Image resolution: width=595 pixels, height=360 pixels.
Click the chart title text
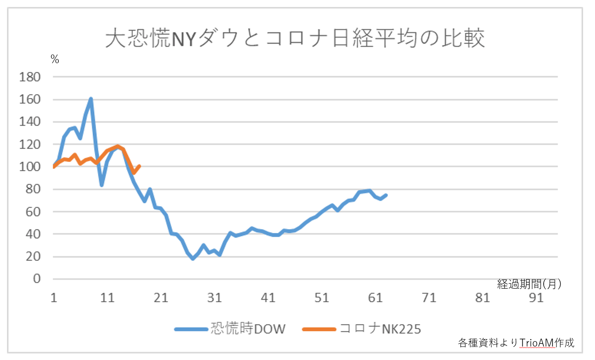click(295, 38)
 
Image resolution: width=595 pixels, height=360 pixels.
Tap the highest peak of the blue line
click(91, 99)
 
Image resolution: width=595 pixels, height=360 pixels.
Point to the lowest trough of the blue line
click(193, 259)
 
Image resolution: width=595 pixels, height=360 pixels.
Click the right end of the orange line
click(140, 166)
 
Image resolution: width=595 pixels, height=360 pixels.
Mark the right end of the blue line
click(386, 195)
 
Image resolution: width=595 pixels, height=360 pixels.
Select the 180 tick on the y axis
click(30, 77)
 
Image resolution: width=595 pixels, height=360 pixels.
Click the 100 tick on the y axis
click(30, 166)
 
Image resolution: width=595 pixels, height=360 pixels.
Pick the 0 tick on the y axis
click(37, 279)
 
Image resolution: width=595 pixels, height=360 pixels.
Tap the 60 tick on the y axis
click(33, 212)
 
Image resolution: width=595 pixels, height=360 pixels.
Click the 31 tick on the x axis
click(215, 298)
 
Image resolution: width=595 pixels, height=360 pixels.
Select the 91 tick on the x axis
click(536, 298)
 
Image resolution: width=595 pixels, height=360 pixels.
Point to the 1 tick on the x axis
click(54, 298)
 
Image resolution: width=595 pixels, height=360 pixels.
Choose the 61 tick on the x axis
click(375, 298)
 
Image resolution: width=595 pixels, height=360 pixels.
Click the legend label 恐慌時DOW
click(248, 329)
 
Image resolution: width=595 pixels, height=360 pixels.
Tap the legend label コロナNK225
click(380, 329)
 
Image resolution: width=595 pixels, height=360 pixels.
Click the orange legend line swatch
click(319, 329)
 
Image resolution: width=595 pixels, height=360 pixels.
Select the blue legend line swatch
click(191, 329)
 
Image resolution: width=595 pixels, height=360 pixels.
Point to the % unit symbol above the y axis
click(55, 60)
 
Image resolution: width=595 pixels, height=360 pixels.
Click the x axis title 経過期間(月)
click(529, 284)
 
